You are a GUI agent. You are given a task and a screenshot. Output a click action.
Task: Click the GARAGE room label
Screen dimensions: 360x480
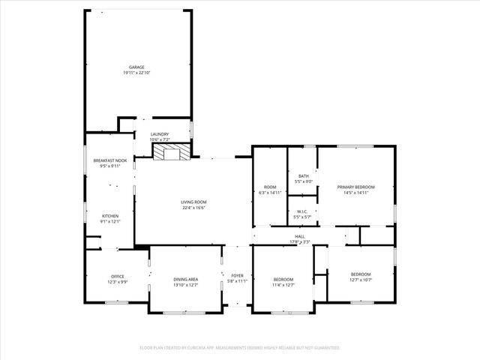click(x=136, y=67)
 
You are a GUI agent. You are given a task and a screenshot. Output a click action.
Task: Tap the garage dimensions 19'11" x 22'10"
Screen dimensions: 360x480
click(x=136, y=73)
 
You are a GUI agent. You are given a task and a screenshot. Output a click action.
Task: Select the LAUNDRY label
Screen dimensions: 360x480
click(x=160, y=134)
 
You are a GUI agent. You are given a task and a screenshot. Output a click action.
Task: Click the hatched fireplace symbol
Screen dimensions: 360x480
click(x=172, y=152)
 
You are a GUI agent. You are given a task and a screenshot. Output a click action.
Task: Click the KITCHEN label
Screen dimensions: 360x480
click(x=110, y=216)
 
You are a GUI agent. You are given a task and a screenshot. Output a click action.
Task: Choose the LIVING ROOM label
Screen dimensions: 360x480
click(x=193, y=202)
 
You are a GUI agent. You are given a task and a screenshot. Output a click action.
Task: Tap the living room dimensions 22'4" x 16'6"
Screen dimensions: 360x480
click(x=193, y=208)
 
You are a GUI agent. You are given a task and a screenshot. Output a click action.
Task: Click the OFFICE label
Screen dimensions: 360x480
click(x=117, y=276)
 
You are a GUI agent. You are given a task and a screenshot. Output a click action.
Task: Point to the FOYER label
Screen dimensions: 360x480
click(x=238, y=276)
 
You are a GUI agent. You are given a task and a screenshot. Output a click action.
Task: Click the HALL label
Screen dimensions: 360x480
click(x=299, y=236)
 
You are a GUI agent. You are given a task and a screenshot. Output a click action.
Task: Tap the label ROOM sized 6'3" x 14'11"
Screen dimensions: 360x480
click(x=270, y=187)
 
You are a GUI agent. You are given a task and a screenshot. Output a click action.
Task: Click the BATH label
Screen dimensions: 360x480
click(x=303, y=175)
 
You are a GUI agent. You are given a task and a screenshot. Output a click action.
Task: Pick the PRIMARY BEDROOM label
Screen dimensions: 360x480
click(x=355, y=187)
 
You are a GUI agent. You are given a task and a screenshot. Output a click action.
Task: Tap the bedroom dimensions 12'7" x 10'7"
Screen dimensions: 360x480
click(x=361, y=280)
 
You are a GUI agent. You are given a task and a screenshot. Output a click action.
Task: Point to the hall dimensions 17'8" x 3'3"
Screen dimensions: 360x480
click(x=299, y=241)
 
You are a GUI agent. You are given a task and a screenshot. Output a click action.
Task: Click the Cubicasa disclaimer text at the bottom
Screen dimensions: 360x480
click(x=240, y=348)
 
